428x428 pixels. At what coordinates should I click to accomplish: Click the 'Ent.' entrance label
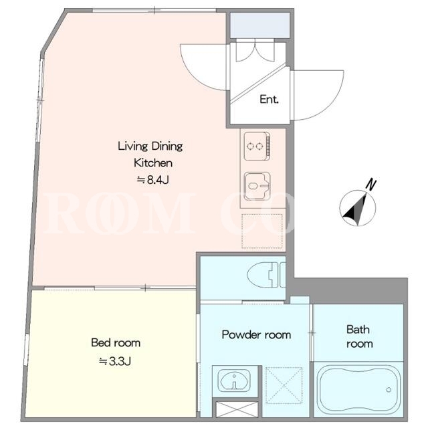[269, 99]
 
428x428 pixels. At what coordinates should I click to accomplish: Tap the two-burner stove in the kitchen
[257, 146]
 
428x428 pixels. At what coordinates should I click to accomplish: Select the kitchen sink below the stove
[257, 186]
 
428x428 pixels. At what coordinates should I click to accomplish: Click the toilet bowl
[263, 275]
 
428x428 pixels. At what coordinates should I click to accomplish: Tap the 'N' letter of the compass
[370, 185]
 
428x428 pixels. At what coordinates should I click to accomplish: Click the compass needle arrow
[356, 209]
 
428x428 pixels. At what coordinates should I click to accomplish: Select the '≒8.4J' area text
[153, 180]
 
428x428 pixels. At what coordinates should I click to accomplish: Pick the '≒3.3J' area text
[115, 361]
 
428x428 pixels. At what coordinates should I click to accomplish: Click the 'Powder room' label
[256, 334]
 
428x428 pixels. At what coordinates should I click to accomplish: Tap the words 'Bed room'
[116, 342]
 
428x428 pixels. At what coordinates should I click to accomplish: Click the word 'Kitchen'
[153, 163]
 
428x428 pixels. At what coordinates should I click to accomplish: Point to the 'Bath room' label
[359, 336]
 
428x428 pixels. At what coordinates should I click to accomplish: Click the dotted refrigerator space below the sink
[262, 231]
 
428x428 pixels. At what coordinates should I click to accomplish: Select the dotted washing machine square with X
[284, 385]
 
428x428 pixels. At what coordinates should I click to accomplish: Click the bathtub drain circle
[389, 390]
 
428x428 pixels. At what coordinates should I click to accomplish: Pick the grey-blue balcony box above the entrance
[260, 25]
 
